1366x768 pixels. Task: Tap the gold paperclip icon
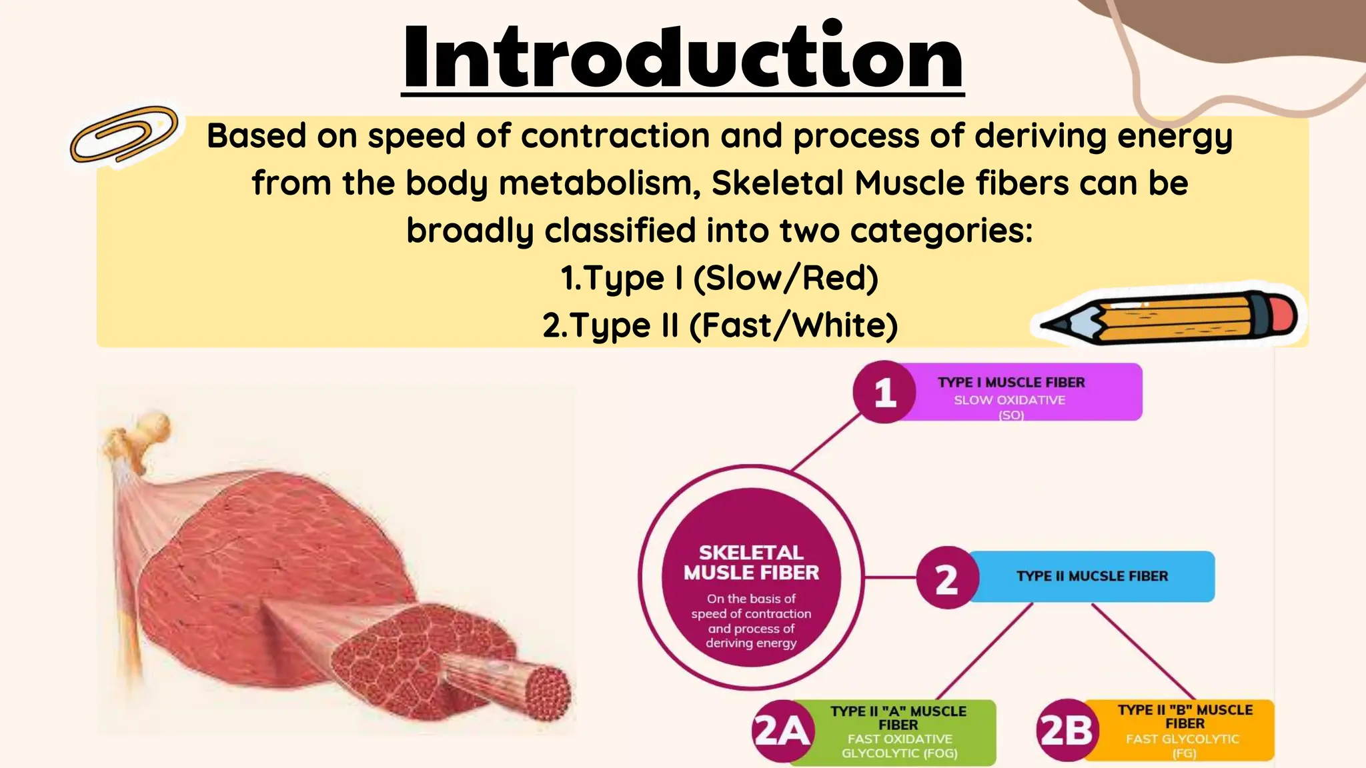point(124,135)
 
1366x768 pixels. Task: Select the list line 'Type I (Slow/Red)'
point(719,278)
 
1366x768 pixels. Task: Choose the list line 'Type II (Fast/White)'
point(720,325)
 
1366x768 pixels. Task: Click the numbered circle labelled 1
point(884,392)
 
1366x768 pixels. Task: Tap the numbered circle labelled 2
point(946,578)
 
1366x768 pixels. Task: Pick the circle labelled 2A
point(782,731)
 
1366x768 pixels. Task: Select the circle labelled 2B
point(1066,731)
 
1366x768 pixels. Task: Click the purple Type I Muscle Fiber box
point(1027,392)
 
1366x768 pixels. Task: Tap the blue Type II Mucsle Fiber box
point(1092,577)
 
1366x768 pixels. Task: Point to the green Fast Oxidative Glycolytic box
point(898,732)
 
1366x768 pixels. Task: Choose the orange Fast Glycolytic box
point(1184,731)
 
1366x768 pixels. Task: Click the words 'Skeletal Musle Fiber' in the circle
point(751,563)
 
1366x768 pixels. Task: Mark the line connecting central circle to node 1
point(826,443)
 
